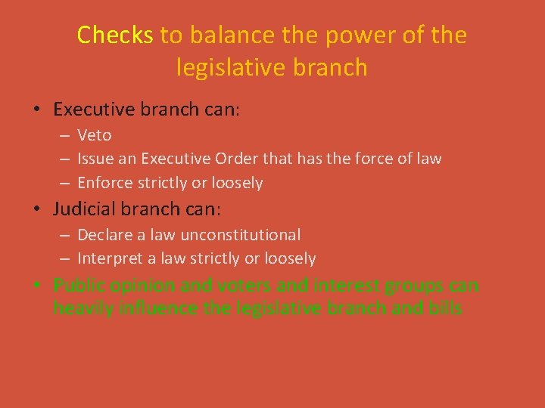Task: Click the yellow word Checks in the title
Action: pyautogui.click(x=115, y=36)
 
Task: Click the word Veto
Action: pyautogui.click(x=95, y=135)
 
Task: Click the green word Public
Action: pyautogui.click(x=76, y=286)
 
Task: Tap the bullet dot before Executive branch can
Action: pyautogui.click(x=37, y=110)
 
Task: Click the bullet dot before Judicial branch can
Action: pyautogui.click(x=37, y=209)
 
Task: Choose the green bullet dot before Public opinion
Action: pyautogui.click(x=37, y=286)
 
